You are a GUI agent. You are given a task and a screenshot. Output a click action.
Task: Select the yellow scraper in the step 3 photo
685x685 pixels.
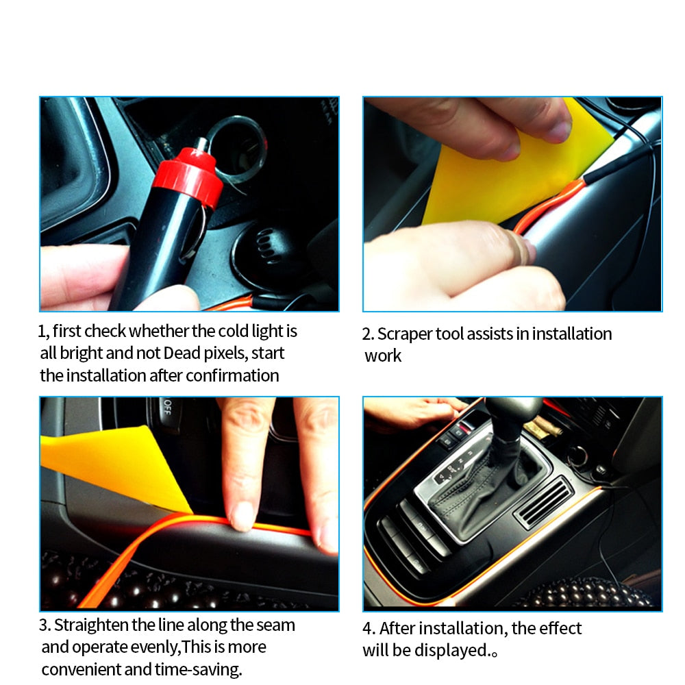[116, 466]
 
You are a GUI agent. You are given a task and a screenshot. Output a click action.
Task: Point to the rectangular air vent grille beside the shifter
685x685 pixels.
[543, 502]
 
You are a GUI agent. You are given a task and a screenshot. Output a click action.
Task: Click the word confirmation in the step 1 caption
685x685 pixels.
[232, 375]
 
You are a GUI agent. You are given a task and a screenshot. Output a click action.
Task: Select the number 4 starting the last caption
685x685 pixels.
[366, 629]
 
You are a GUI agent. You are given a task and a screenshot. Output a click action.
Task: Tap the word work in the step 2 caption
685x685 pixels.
[383, 356]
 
